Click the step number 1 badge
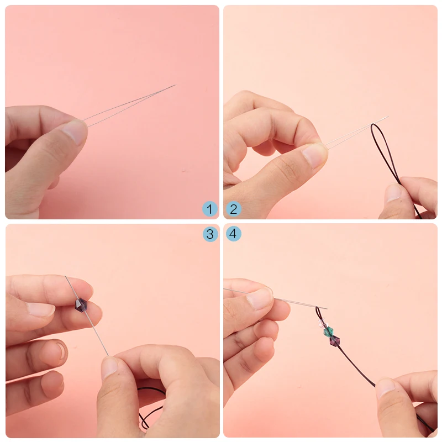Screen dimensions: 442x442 click(x=210, y=209)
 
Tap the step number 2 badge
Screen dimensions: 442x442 click(x=233, y=209)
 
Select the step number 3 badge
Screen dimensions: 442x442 click(x=210, y=234)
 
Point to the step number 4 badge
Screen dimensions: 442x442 click(x=233, y=234)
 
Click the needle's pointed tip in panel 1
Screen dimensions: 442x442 click(x=176, y=85)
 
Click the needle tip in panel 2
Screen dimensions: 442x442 click(x=388, y=117)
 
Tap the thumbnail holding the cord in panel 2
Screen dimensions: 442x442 click(x=393, y=192)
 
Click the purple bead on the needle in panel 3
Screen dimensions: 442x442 click(x=81, y=305)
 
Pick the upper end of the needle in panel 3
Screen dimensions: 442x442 click(x=66, y=277)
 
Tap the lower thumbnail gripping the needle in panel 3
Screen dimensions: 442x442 click(x=109, y=367)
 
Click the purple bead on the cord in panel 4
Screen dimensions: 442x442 click(x=335, y=341)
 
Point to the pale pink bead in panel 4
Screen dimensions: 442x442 click(x=322, y=324)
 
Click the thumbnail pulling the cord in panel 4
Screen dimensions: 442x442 click(x=385, y=388)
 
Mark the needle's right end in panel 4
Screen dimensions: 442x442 click(x=327, y=309)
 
